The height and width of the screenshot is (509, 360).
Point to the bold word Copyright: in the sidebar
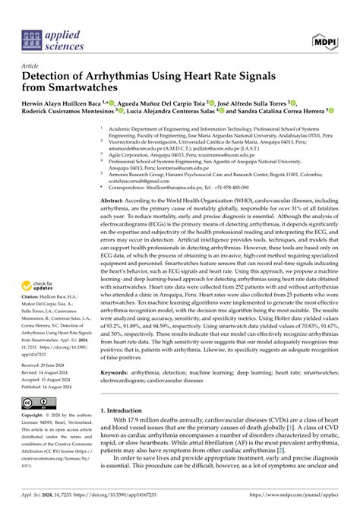31,416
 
